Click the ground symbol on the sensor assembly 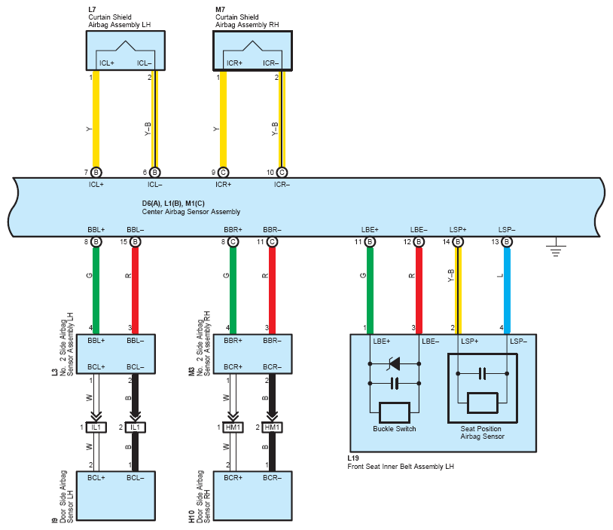(x=556, y=247)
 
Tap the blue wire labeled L (x=507, y=291)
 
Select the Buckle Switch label (x=394, y=429)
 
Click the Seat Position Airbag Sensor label (x=482, y=433)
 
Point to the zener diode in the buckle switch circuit (x=394, y=363)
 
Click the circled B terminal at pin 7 (x=96, y=172)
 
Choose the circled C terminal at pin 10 (x=282, y=172)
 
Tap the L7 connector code (x=92, y=9)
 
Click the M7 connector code (x=220, y=9)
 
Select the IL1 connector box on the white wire (x=96, y=427)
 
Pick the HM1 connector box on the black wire (x=272, y=427)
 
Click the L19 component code (x=353, y=458)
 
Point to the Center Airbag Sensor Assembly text (x=191, y=212)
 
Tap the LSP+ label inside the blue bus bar (x=458, y=230)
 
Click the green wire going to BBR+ (x=233, y=291)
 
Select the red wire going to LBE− (x=419, y=291)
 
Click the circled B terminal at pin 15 (x=136, y=242)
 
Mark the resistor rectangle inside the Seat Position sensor (x=483, y=403)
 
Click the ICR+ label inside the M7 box (x=234, y=63)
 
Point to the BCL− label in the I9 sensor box (x=136, y=478)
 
